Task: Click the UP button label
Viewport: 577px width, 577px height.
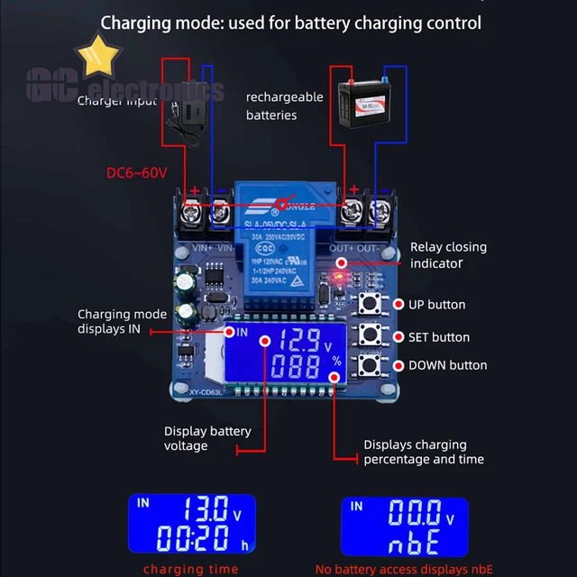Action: [x=437, y=305]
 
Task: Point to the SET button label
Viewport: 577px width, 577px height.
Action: [x=439, y=337]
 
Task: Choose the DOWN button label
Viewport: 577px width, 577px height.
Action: [x=447, y=365]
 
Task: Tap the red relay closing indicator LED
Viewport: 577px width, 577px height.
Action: [x=341, y=263]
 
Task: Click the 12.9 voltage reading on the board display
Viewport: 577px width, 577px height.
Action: [x=298, y=340]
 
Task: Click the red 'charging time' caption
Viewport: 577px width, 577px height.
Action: [x=191, y=569]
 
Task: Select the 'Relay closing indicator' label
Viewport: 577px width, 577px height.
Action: [x=448, y=254]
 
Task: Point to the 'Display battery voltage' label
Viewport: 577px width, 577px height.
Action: [x=207, y=438]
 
